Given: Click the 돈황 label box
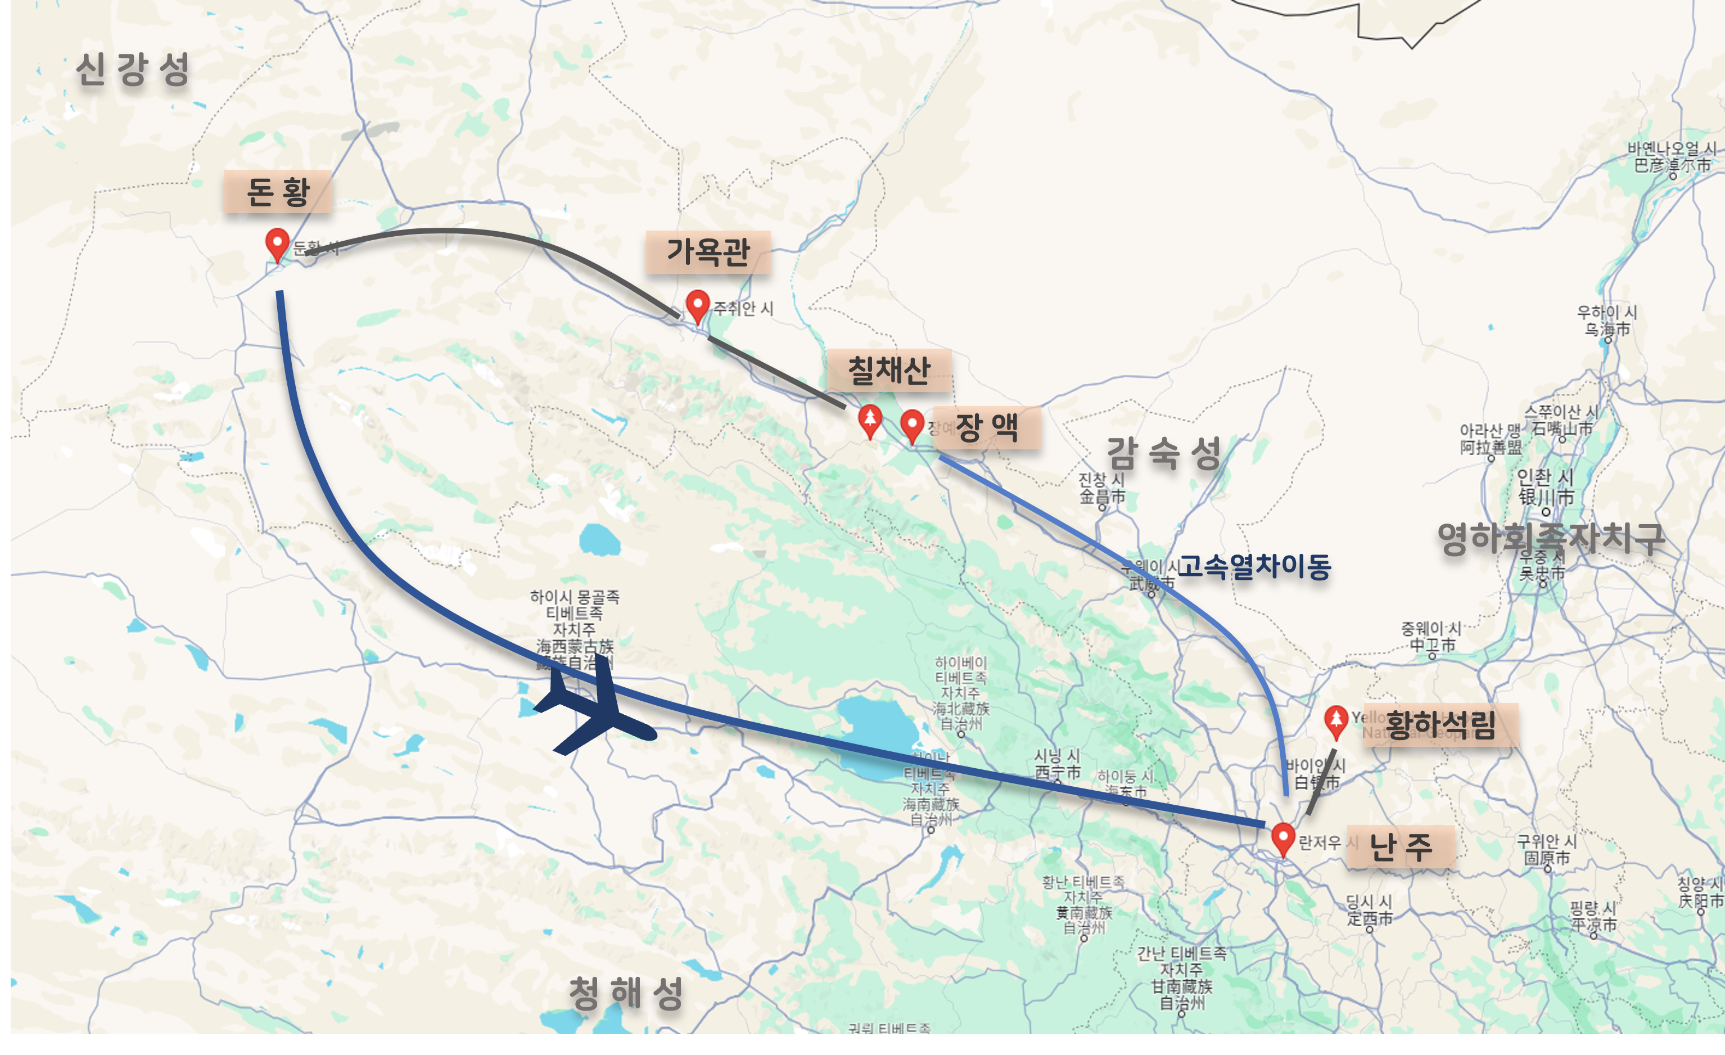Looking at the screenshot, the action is (x=278, y=191).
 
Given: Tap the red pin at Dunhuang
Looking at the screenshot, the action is (x=277, y=243).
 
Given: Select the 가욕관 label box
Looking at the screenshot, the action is (x=708, y=252).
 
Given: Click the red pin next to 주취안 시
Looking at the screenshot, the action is (x=697, y=305).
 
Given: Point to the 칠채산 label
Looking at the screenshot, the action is (x=888, y=371).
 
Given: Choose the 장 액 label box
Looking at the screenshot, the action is (x=986, y=427).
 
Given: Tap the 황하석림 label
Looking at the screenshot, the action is (x=1440, y=724).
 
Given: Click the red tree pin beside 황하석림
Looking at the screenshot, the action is (x=1336, y=720).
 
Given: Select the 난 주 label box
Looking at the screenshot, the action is (x=1400, y=847).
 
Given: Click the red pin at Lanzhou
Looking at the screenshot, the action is (x=1283, y=837).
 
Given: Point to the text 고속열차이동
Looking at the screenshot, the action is (x=1253, y=566).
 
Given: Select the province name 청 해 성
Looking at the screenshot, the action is (x=625, y=993).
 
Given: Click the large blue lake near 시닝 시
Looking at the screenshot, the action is (x=875, y=735).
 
